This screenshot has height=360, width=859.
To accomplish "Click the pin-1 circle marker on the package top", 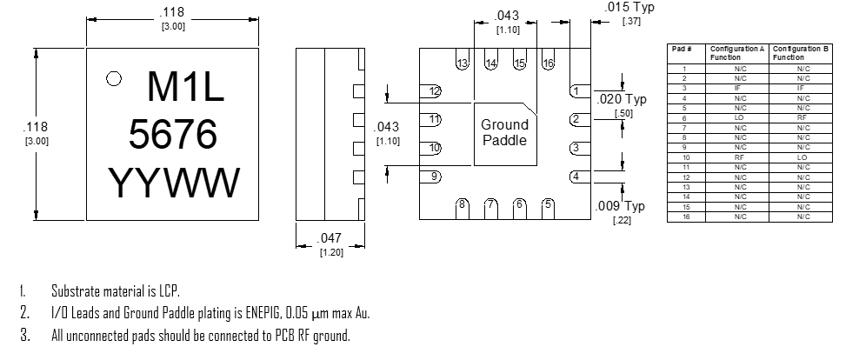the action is [x=113, y=79].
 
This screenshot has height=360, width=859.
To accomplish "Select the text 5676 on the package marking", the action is [x=172, y=134].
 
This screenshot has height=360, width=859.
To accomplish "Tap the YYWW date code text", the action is [x=174, y=183].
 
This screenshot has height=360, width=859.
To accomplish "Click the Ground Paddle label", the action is [x=504, y=132].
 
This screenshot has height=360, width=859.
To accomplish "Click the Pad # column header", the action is [x=682, y=49].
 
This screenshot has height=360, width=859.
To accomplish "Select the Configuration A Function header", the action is [x=737, y=52].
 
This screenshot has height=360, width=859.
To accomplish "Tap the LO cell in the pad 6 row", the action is [x=740, y=117].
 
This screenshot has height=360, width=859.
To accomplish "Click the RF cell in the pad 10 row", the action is [x=740, y=157].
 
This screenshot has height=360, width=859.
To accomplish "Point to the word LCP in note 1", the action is [x=170, y=290].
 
